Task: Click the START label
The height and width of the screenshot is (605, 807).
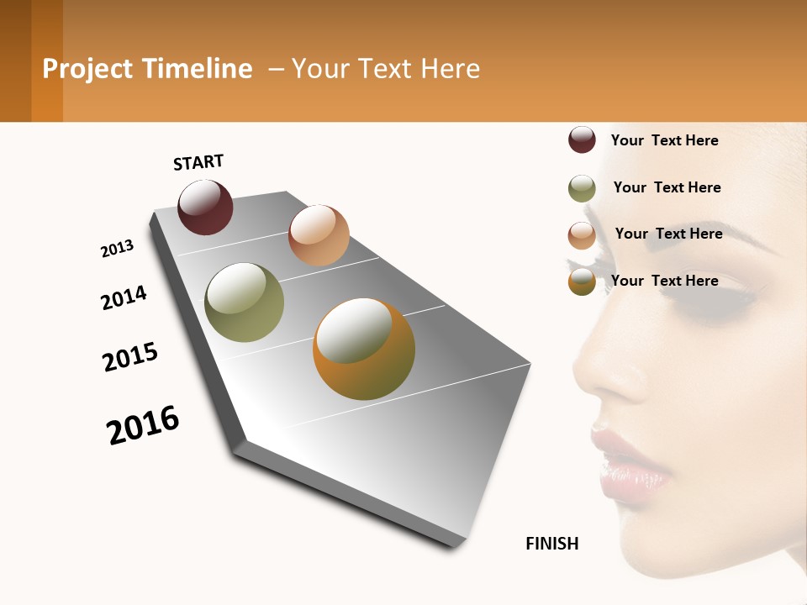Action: pos(198,162)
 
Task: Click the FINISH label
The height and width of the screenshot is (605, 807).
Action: pos(552,544)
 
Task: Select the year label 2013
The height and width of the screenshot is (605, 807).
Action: pos(117,249)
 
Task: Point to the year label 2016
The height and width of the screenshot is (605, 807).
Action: pos(143,425)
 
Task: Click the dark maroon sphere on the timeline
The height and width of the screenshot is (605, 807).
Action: pos(205,208)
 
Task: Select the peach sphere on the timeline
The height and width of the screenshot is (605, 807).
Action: pos(319,235)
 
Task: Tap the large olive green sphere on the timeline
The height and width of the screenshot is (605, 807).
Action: pos(245,302)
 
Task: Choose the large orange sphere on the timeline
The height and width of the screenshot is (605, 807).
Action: pos(364,349)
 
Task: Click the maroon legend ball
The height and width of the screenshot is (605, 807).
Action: pos(582,140)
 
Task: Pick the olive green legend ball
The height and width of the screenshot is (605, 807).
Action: pos(582,188)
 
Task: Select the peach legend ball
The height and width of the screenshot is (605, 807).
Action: pos(582,235)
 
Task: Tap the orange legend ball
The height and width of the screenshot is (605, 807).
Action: pos(582,281)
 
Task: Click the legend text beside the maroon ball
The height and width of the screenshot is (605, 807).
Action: pos(664,140)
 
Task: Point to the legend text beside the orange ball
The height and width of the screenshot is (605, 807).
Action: pos(664,281)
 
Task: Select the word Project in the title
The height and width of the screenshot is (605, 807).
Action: pos(87,69)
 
